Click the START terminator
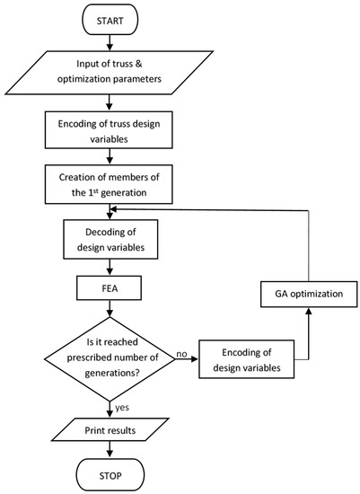click(x=109, y=17)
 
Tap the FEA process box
click(x=109, y=291)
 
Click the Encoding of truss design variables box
click(x=109, y=131)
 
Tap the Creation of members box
click(x=109, y=183)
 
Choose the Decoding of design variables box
click(x=109, y=237)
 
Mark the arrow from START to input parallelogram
click(x=109, y=41)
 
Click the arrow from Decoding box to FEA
click(x=109, y=266)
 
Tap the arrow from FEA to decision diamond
click(x=109, y=313)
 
